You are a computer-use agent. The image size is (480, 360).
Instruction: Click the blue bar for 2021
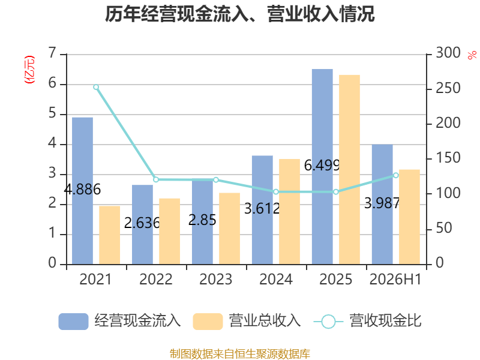click(82, 191)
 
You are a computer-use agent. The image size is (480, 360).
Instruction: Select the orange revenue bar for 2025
click(349, 170)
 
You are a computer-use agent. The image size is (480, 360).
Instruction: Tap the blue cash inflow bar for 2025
click(322, 167)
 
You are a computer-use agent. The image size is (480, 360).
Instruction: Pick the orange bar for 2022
click(170, 232)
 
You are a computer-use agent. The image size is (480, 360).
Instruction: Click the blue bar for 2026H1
click(382, 205)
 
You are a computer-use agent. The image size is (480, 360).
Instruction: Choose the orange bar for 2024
click(289, 212)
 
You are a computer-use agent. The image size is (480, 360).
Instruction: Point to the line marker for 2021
click(96, 87)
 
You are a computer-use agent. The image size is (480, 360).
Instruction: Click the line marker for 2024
click(276, 192)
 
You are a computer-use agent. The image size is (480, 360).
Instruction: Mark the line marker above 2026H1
click(396, 175)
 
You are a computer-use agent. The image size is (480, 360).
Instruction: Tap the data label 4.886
click(82, 189)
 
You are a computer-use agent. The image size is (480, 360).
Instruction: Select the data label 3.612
click(262, 209)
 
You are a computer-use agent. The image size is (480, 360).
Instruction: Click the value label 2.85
click(202, 220)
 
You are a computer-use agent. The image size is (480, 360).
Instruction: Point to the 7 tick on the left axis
click(52, 53)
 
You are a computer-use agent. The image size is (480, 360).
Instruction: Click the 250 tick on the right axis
click(448, 88)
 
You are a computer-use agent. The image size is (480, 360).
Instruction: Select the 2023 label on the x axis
click(216, 279)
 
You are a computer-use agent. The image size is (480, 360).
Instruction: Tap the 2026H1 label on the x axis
click(395, 279)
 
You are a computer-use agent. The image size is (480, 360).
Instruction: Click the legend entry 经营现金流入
click(119, 321)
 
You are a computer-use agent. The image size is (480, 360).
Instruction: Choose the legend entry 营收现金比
click(367, 321)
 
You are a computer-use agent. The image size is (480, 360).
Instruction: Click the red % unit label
click(472, 55)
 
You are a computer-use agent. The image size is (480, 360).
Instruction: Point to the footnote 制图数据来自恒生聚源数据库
click(240, 354)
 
